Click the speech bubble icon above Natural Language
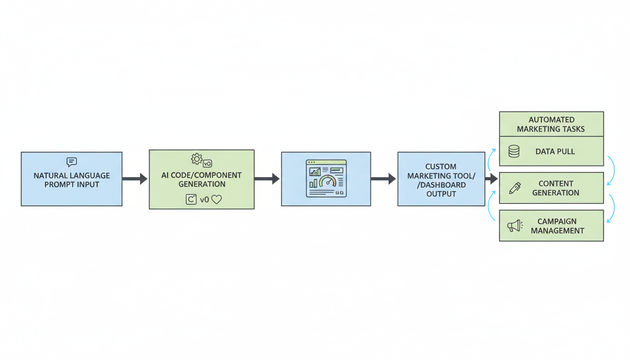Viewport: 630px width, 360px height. point(72,162)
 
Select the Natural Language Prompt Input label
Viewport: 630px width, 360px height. point(72,180)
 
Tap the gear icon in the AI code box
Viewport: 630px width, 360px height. point(196,159)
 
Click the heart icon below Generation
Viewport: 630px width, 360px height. point(216,199)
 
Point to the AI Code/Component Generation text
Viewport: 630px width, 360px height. point(202,180)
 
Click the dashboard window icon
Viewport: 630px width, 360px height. point(326,179)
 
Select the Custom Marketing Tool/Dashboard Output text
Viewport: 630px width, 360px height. point(441,180)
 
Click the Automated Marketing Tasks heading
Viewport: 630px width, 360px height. point(551,124)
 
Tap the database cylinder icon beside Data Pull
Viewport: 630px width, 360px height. point(514,151)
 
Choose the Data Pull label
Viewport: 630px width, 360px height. point(555,152)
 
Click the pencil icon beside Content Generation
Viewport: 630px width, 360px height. point(515,188)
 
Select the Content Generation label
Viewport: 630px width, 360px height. point(555,188)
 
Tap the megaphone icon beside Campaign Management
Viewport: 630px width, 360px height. point(515,226)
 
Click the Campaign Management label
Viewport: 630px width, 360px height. point(557,226)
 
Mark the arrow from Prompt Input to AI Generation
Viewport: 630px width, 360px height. point(135,179)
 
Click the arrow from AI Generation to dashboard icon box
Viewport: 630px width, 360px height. point(267,179)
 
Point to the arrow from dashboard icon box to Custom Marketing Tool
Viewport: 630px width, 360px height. point(383,179)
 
